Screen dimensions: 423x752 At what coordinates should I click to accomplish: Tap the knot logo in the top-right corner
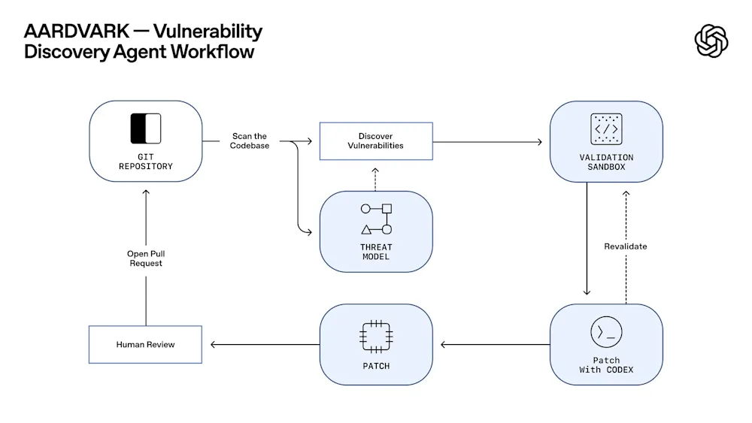pos(711,41)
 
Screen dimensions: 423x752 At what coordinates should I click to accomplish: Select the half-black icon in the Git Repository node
pos(146,128)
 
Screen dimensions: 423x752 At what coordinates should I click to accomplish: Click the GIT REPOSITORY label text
pos(146,162)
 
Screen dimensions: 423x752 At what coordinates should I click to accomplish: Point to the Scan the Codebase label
pos(249,140)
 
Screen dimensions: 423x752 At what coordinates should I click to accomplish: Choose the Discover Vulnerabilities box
pos(376,140)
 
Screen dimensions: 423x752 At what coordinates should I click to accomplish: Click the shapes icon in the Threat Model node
pos(376,219)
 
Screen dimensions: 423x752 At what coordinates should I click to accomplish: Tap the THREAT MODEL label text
pos(376,252)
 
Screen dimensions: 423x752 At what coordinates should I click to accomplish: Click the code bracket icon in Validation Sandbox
pos(606,129)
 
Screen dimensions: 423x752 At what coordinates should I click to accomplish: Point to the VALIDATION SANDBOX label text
pos(606,162)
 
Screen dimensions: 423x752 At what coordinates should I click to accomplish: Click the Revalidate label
pos(625,246)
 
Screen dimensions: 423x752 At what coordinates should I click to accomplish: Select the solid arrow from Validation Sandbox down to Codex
pos(587,240)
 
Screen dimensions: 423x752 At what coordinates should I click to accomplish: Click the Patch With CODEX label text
pos(606,365)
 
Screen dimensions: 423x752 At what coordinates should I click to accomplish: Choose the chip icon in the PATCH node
pos(376,336)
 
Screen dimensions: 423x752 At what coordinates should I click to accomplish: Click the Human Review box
pos(145,344)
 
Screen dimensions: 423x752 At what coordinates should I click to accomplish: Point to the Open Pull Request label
pos(145,258)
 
